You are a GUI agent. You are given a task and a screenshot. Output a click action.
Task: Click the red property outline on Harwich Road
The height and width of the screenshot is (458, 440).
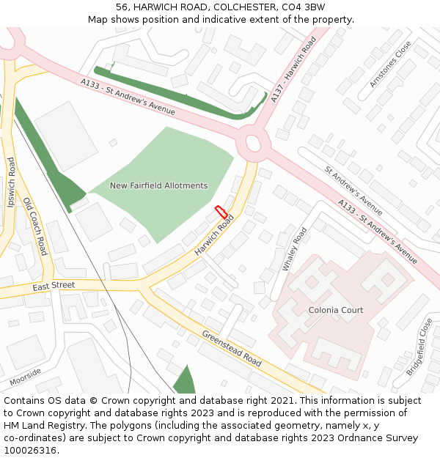tap(221, 212)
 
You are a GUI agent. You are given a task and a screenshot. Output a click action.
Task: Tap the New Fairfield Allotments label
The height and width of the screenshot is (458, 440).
tap(158, 186)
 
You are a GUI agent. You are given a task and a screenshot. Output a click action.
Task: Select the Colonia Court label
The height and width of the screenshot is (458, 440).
tap(335, 310)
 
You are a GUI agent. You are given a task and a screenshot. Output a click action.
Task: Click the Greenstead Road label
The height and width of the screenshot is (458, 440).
tap(232, 347)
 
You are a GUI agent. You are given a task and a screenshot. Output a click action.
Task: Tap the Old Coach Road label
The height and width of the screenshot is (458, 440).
tap(35, 226)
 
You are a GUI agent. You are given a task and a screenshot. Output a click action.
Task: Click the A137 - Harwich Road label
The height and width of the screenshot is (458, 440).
tap(293, 69)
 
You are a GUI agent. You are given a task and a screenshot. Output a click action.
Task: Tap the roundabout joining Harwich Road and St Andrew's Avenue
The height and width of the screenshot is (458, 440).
tap(254, 141)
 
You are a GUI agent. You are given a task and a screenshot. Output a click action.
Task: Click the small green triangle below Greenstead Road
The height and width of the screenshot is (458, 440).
tap(185, 380)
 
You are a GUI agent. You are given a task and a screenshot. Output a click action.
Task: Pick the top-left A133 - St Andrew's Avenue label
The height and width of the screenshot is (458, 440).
tap(129, 97)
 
